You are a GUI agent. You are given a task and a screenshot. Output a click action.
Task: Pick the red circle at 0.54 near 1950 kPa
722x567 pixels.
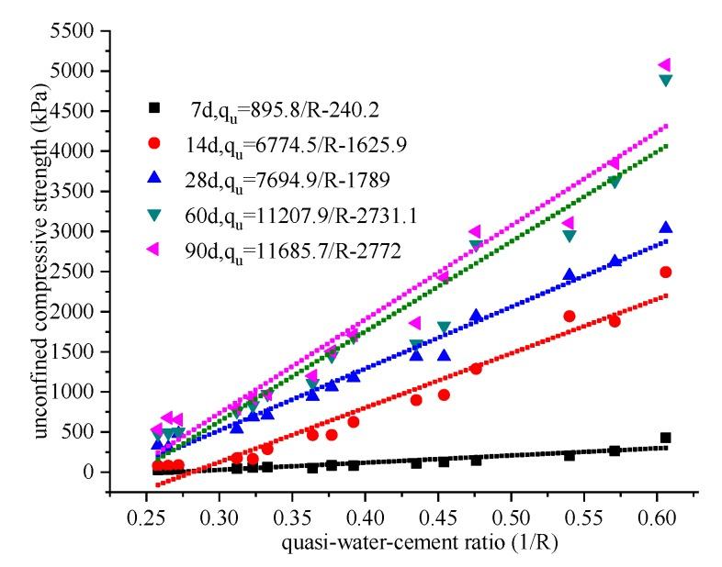(569, 316)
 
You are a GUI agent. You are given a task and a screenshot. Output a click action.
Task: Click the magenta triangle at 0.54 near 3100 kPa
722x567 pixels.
(569, 223)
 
